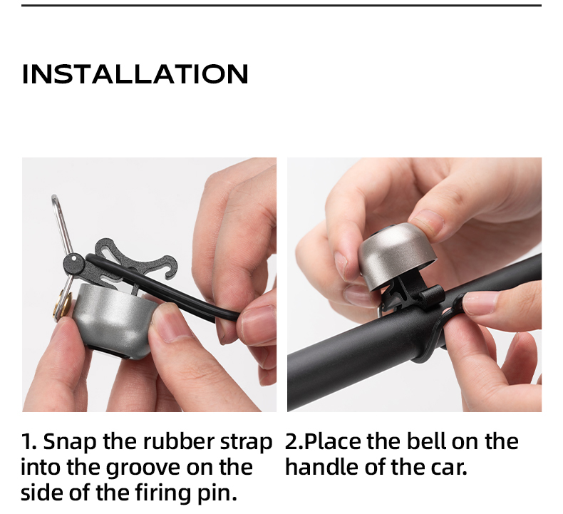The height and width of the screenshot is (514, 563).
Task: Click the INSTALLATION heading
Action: [x=135, y=74]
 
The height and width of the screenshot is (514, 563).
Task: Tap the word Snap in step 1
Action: [x=70, y=442]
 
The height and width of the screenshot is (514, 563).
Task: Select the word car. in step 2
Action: [x=449, y=468]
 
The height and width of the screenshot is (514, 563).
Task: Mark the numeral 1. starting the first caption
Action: [x=29, y=441]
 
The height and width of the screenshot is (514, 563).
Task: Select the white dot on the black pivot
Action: [x=73, y=258]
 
